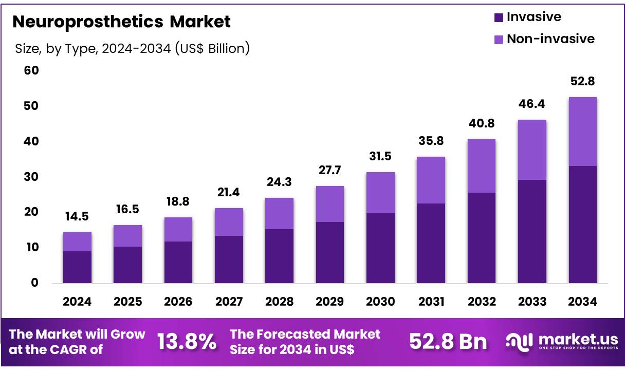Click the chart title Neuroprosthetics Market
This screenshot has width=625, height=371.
tap(121, 22)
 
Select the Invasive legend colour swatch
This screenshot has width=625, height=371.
tap(499, 17)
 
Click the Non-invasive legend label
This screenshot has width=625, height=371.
tap(550, 39)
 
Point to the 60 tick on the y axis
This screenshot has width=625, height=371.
tap(31, 70)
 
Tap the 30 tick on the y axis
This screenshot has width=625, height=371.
tap(31, 177)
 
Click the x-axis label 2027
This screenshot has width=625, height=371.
tap(229, 302)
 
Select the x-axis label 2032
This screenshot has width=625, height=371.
tap(481, 302)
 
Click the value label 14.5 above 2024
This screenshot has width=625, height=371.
tap(77, 218)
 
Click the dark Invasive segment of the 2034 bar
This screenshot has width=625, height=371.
tap(582, 224)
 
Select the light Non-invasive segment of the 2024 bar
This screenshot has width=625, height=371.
tap(77, 242)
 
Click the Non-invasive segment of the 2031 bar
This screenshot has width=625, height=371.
tap(431, 180)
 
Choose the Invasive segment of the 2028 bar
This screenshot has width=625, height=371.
tap(279, 256)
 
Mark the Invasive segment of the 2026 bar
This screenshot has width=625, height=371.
tap(178, 262)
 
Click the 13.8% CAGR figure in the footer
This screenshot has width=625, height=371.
tap(187, 342)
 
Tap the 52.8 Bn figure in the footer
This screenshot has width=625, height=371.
tap(448, 342)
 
